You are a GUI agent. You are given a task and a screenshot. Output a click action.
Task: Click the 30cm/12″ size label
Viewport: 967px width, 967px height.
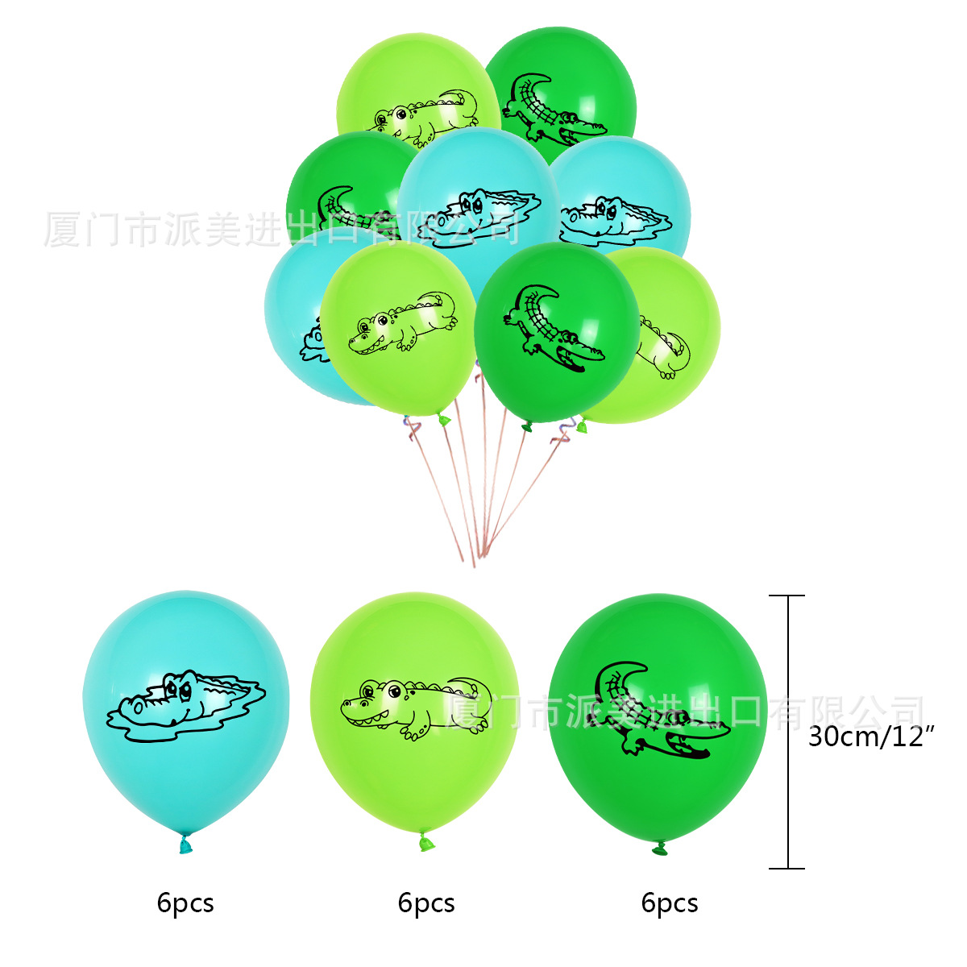coord(870,736)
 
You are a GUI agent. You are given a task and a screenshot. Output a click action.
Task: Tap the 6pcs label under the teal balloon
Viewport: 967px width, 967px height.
coord(185,903)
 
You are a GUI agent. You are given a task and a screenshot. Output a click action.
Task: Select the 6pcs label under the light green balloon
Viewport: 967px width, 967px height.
coord(426,903)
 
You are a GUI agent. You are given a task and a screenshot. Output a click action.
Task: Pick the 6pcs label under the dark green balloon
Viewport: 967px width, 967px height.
coord(670,903)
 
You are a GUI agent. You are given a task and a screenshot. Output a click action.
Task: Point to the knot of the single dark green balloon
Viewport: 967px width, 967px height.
coord(660,848)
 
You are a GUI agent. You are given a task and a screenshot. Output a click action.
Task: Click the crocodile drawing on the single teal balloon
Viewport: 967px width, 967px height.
coord(185,706)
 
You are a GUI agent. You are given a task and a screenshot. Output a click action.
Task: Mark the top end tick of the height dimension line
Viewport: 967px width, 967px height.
coord(786,596)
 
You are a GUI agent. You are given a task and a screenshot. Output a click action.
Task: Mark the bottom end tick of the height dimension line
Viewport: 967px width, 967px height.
coord(786,868)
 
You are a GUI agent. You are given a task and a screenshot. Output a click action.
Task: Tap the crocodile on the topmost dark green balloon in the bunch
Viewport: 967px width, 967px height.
coord(552,110)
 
